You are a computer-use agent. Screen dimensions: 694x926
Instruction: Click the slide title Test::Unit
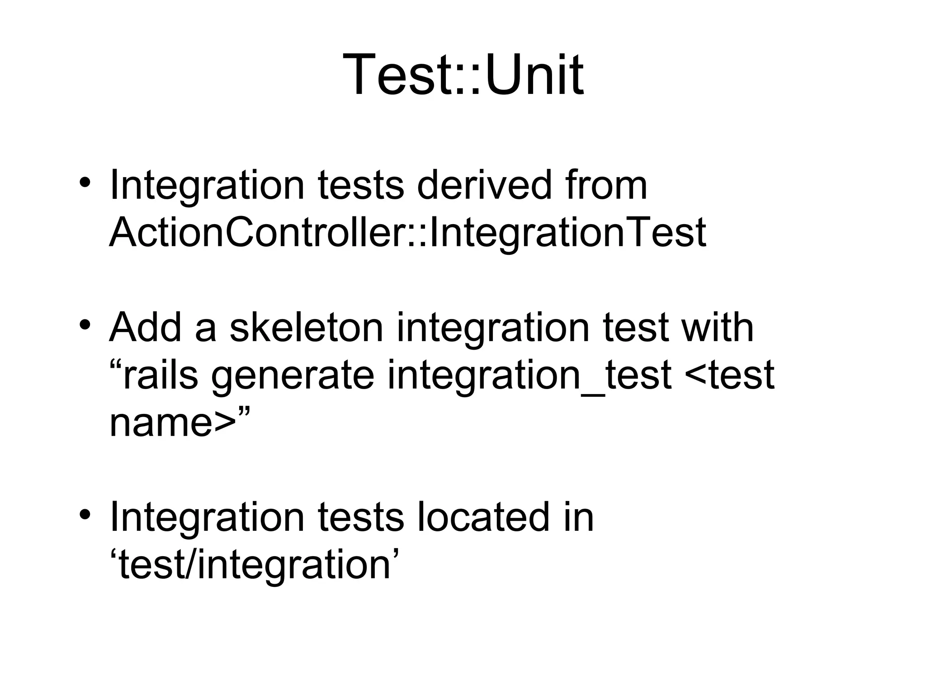click(463, 75)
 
